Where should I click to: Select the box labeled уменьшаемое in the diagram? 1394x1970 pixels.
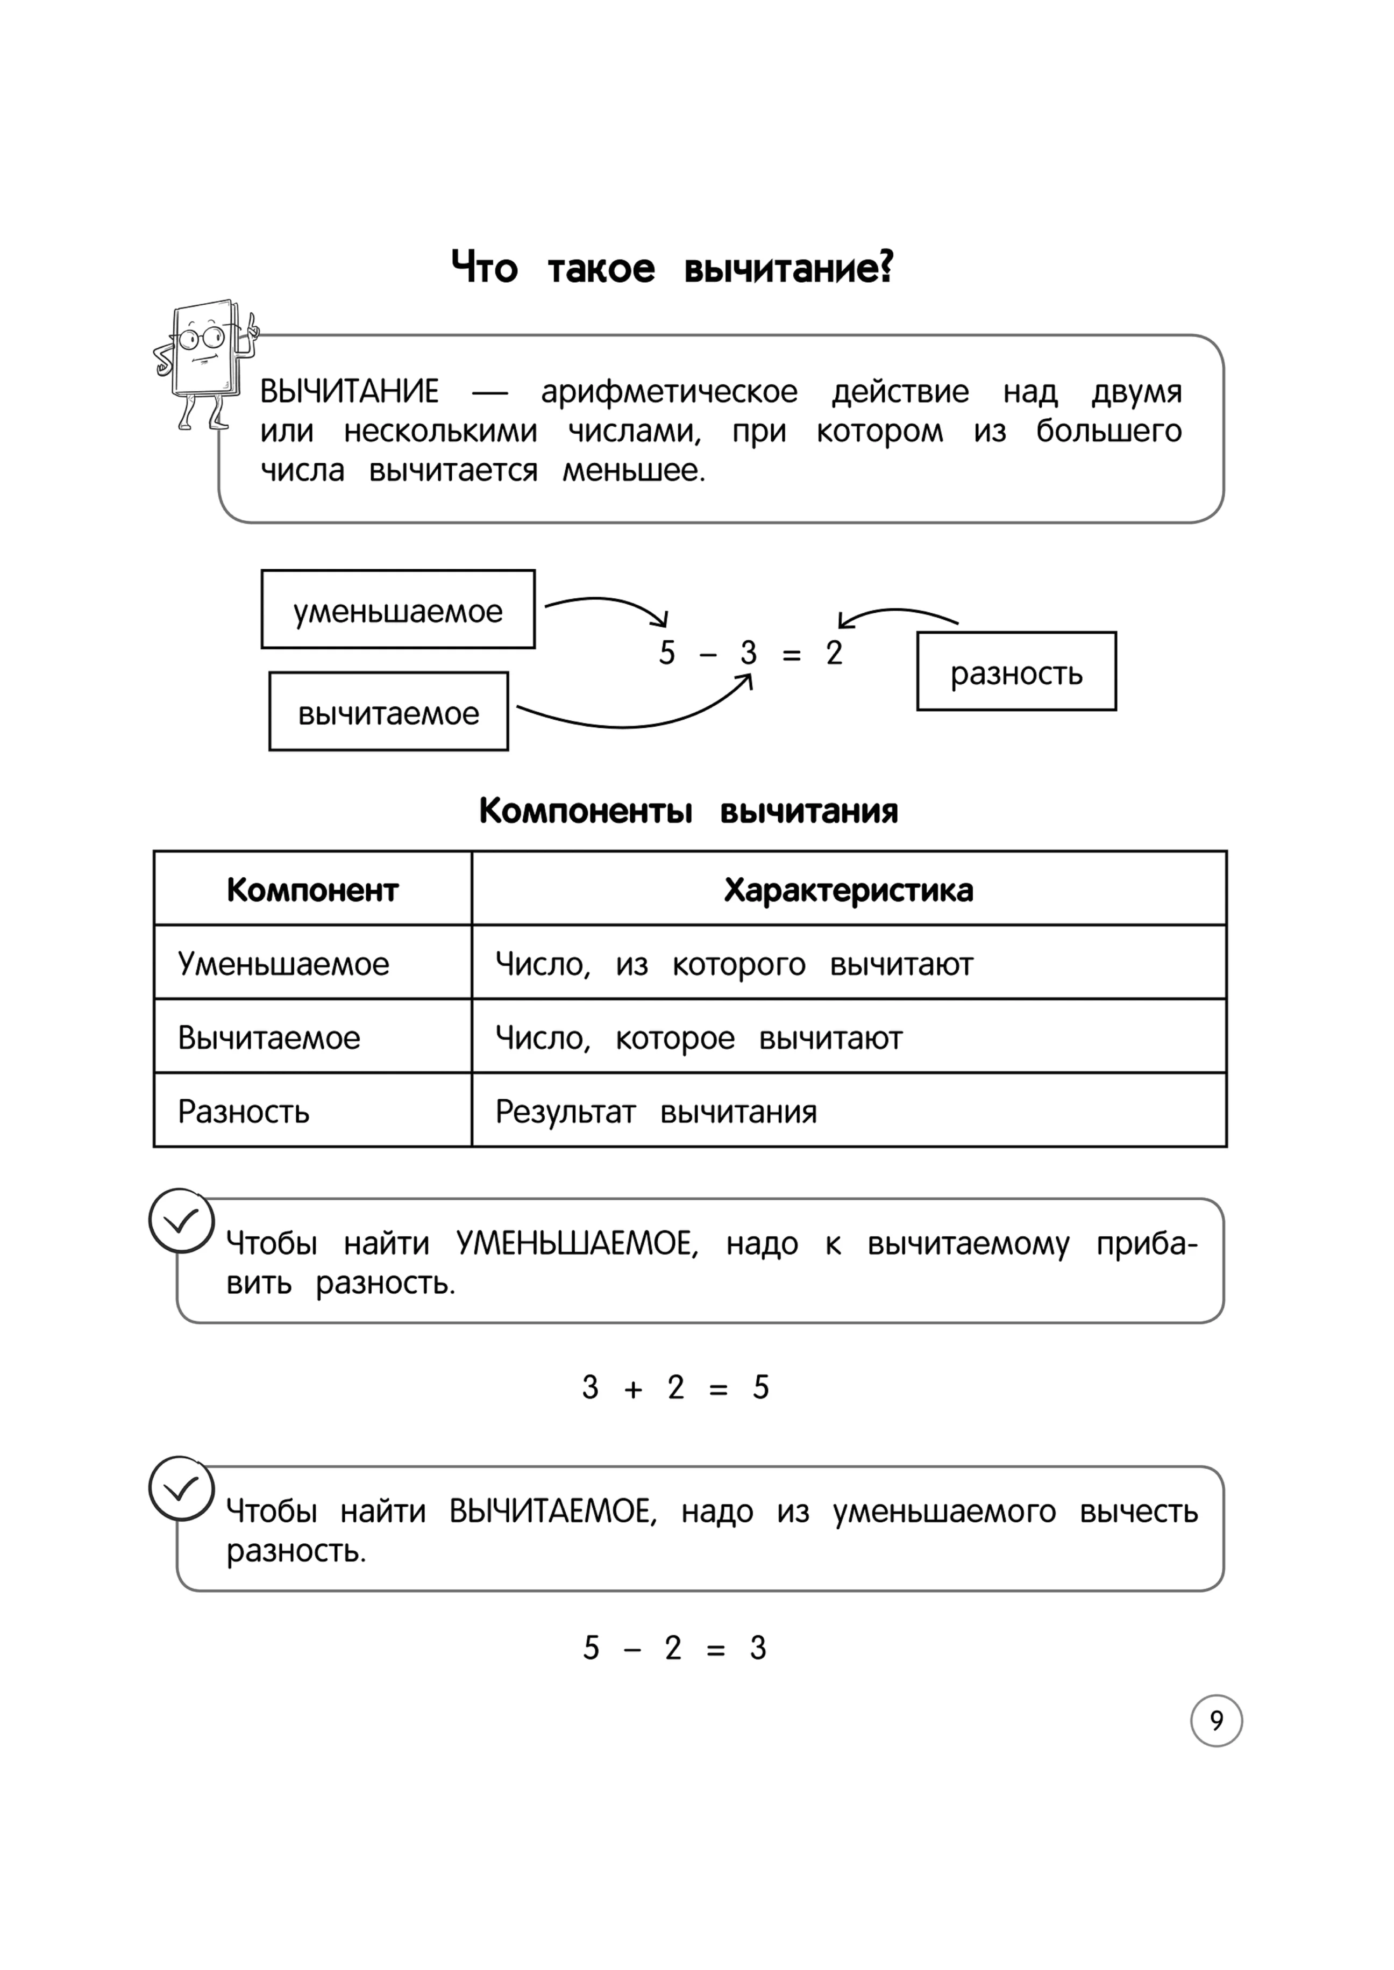397,609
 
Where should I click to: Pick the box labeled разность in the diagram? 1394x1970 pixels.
1016,672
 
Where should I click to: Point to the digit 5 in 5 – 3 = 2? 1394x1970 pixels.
667,653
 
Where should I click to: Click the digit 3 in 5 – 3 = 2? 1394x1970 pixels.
749,653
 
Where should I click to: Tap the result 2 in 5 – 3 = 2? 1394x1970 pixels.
834,653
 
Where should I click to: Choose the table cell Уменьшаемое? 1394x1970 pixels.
283,964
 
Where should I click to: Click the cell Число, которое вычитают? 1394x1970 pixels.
699,1037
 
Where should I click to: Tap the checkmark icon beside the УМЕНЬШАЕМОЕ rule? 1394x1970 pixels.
181,1220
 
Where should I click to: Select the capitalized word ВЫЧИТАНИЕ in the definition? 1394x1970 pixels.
350,391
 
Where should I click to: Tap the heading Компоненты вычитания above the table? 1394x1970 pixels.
688,810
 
